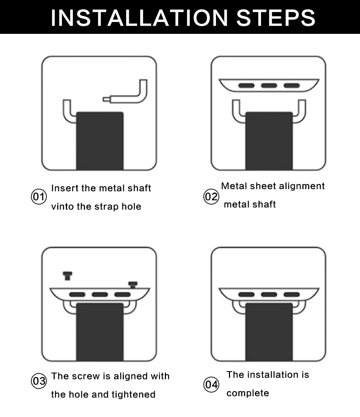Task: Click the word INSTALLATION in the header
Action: pyautogui.click(x=139, y=18)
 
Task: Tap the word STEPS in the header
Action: pyautogui.click(x=276, y=18)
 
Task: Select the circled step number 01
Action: pyautogui.click(x=39, y=197)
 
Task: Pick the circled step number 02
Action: pyautogui.click(x=211, y=197)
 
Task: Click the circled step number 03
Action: pyautogui.click(x=39, y=381)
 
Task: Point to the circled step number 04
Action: pyautogui.click(x=211, y=385)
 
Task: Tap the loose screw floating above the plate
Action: pyautogui.click(x=68, y=276)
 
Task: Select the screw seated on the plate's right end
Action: pyautogui.click(x=133, y=285)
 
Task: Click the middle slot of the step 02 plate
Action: pyautogui.click(x=269, y=86)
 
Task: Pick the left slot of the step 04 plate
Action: pyautogui.click(x=246, y=295)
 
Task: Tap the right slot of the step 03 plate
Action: pyautogui.click(x=122, y=295)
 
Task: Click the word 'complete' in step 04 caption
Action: pyautogui.click(x=248, y=393)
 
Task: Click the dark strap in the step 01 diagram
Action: pyautogui.click(x=100, y=141)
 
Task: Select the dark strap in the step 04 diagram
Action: pyautogui.click(x=269, y=332)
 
